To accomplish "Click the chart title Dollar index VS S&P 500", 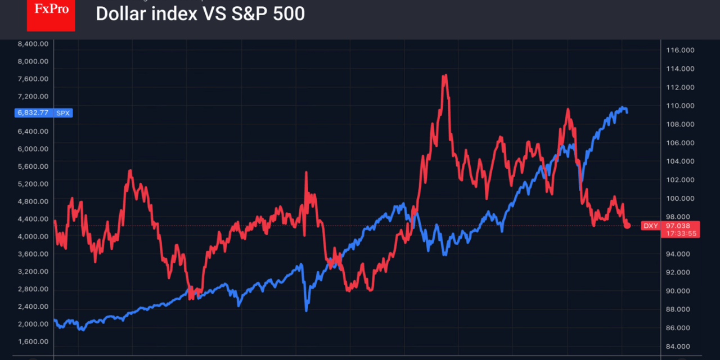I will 200,14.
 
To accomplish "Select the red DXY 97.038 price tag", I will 670,226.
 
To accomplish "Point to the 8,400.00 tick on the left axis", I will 33,44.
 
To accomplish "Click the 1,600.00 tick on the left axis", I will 33,342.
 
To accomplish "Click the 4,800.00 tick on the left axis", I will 33,201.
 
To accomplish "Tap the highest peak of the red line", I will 445,75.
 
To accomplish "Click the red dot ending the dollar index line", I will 627,226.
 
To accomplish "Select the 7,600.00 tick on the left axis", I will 33,79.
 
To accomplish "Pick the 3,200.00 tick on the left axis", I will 33,272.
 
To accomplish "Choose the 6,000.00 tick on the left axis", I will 33,149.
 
